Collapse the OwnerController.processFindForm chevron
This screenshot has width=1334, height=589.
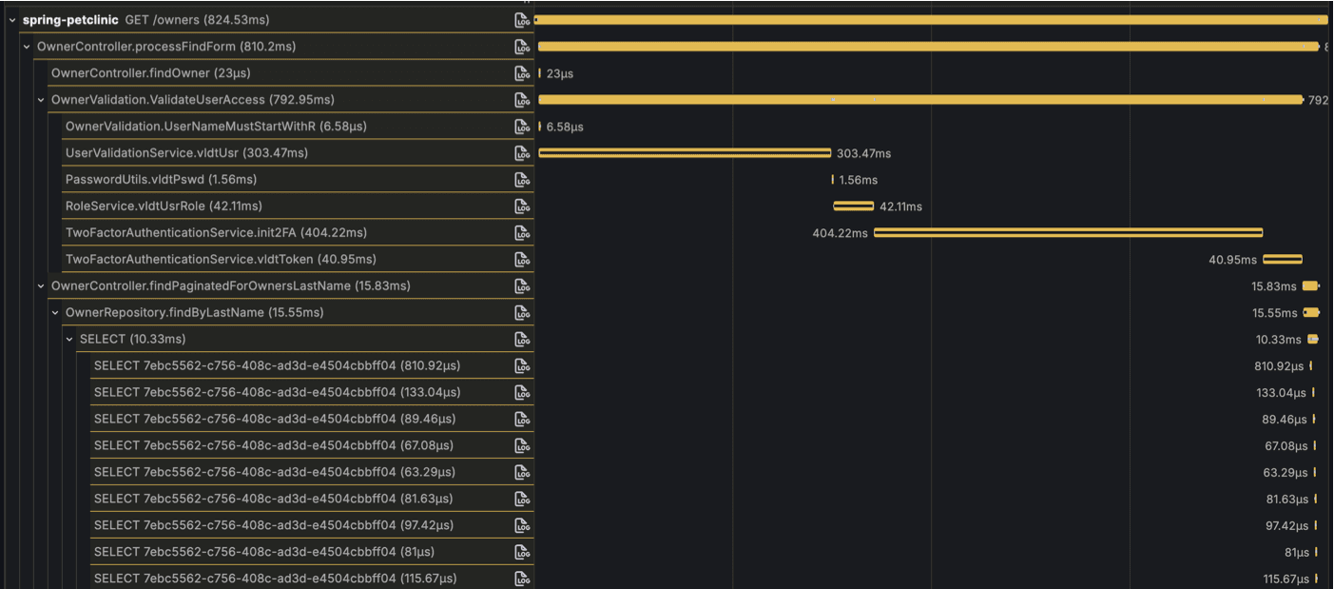point(27,47)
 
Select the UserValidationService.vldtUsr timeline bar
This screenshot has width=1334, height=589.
point(685,153)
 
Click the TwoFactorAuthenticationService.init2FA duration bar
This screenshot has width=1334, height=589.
point(1068,233)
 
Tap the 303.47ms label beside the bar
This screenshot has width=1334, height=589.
point(863,153)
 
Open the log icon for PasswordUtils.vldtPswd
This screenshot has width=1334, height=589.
point(522,180)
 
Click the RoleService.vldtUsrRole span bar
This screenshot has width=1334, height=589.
point(853,206)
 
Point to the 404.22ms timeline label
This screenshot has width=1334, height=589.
point(840,233)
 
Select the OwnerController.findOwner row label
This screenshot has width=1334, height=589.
point(150,73)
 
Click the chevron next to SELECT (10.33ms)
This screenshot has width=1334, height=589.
point(69,340)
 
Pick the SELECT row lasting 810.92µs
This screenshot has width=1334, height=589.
point(277,366)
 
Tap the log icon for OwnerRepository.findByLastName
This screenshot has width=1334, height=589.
point(522,313)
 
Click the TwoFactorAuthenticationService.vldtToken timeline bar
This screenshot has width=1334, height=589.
point(1282,260)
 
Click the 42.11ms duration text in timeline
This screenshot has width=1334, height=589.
point(900,206)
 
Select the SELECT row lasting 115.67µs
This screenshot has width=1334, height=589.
point(275,579)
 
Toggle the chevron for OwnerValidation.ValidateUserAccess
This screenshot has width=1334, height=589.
point(41,100)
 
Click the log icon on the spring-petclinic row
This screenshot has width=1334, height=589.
point(522,20)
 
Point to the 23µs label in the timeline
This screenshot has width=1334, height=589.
point(560,73)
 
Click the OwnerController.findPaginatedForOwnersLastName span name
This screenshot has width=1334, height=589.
point(230,286)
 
